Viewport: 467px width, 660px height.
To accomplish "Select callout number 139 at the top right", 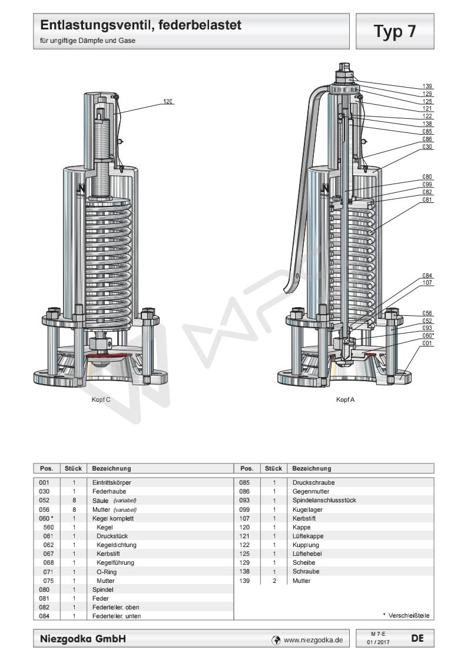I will coord(428,86).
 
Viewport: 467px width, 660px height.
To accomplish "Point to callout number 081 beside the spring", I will coord(428,199).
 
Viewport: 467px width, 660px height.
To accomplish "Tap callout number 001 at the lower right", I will coord(428,343).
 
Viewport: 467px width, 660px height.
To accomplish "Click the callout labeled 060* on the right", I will coord(428,335).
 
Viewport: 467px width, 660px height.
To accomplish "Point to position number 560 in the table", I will coord(48,528).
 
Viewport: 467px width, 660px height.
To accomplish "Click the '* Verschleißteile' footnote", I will coord(406,615).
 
